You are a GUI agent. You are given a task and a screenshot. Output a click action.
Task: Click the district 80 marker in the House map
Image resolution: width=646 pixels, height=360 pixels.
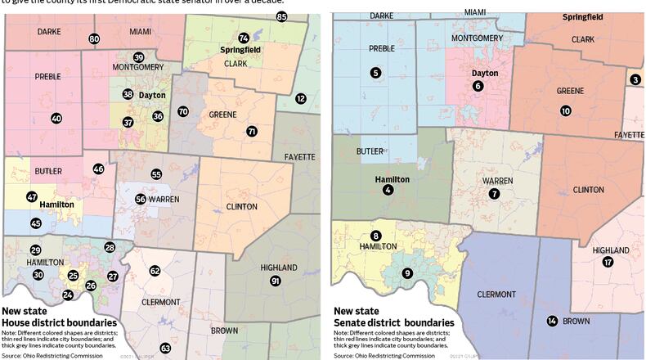coord(94,39)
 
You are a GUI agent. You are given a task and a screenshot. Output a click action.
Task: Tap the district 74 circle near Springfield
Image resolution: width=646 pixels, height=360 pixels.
coord(243,38)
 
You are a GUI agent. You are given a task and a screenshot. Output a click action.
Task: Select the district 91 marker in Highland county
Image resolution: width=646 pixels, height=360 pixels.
coord(276,281)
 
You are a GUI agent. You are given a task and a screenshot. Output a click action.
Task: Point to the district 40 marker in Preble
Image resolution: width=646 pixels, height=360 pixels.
coord(56,119)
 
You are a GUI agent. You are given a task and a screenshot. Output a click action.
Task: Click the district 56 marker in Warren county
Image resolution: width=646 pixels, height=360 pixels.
coord(141,199)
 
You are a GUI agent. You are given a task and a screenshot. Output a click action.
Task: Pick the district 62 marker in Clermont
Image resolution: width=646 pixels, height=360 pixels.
coord(155,271)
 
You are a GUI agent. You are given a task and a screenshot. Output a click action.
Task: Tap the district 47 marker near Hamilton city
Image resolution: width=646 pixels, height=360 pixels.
coord(31,196)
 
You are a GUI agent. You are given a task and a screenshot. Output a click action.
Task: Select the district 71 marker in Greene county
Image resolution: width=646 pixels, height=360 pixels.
coord(251,131)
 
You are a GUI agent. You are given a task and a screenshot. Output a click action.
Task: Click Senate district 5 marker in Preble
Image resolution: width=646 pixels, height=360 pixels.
coord(375,74)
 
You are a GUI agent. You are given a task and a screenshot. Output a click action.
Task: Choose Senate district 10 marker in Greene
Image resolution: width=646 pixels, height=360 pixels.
coord(565,110)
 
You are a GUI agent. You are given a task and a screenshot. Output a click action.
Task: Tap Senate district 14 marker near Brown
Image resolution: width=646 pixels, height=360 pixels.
coord(552,321)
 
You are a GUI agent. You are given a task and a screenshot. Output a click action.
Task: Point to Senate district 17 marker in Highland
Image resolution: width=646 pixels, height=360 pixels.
coord(608,263)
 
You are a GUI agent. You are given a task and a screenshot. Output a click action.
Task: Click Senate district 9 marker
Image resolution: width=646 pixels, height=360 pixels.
coord(407,272)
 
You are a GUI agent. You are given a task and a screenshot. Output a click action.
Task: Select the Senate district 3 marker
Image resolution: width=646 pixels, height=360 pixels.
coord(635,79)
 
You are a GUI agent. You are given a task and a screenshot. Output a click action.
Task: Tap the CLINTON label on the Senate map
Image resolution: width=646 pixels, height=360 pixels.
coord(588,190)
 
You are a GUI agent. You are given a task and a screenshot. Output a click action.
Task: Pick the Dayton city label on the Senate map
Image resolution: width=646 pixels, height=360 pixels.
coord(485,73)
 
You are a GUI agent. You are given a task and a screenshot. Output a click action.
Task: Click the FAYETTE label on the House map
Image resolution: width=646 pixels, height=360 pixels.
coord(299,156)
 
